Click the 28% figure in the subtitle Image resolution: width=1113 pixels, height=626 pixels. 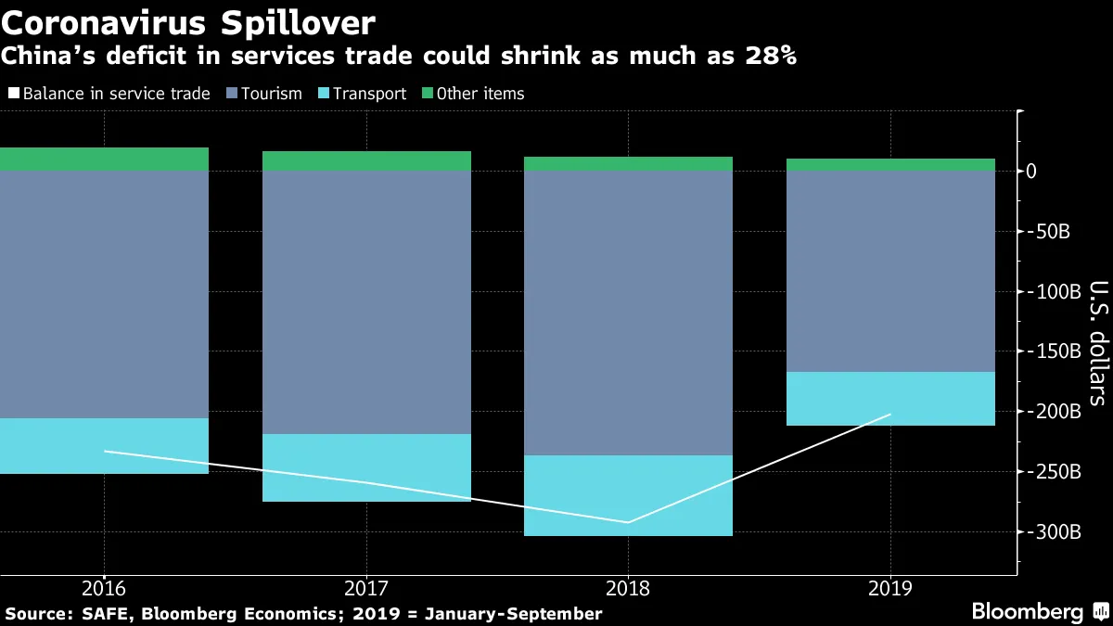click(765, 56)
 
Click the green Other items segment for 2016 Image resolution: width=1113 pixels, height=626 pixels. click(104, 160)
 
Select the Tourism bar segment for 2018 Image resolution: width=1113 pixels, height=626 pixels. click(628, 313)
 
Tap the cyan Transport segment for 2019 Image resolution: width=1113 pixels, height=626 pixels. click(890, 399)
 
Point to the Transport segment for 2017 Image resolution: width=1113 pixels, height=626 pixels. click(366, 467)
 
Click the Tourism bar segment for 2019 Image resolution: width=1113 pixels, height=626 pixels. click(890, 271)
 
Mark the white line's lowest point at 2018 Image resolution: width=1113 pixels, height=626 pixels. click(628, 522)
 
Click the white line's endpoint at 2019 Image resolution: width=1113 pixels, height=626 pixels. click(890, 415)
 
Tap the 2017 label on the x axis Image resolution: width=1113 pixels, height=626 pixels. click(366, 588)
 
